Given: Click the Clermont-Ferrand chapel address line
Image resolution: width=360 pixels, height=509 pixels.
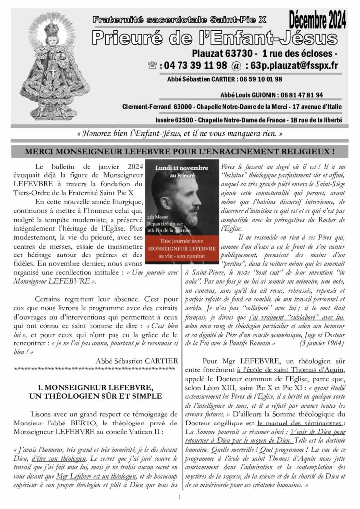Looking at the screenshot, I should pos(232,107).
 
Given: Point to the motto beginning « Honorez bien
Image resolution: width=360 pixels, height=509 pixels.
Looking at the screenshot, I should pos(180,134).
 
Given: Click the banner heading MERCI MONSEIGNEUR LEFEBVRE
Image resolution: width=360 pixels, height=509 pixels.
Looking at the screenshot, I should pos(180,150).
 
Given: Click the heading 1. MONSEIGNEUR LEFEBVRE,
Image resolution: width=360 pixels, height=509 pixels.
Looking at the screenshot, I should pos(94,386).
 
